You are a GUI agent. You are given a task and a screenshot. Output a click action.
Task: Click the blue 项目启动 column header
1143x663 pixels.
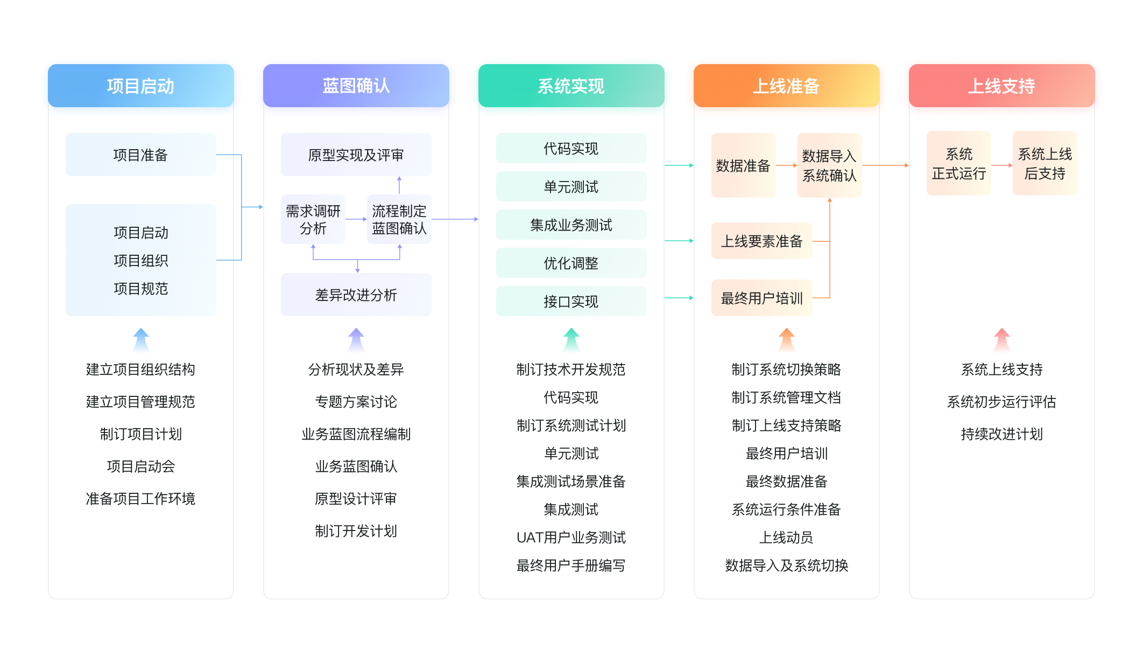pyautogui.click(x=140, y=86)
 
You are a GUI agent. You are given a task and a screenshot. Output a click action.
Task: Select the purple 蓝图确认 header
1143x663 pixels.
pyautogui.click(x=356, y=86)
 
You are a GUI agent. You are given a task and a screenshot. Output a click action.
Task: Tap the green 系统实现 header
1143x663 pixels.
pyautogui.click(x=571, y=86)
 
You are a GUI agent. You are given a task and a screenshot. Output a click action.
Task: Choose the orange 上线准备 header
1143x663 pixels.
pyautogui.click(x=786, y=86)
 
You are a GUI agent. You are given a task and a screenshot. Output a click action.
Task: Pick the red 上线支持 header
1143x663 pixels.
pyautogui.click(x=1001, y=86)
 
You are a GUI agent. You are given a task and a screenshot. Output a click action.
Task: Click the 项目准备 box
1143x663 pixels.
pyautogui.click(x=140, y=155)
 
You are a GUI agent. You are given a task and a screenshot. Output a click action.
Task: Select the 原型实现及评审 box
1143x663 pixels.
pyautogui.click(x=356, y=155)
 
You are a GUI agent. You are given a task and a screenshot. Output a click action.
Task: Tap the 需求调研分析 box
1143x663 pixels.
pyautogui.click(x=313, y=220)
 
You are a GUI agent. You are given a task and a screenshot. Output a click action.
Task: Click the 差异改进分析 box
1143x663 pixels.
pyautogui.click(x=356, y=295)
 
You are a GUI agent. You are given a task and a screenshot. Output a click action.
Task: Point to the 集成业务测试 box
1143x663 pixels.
pyautogui.click(x=571, y=225)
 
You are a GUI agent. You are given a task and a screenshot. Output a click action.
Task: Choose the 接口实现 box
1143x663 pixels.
pyautogui.click(x=571, y=302)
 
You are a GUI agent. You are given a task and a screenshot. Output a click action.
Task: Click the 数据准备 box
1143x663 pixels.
pyautogui.click(x=743, y=166)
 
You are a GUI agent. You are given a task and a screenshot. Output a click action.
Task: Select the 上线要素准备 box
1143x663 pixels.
pyautogui.click(x=761, y=241)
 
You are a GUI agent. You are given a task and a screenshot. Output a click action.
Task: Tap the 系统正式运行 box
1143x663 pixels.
pyautogui.click(x=958, y=164)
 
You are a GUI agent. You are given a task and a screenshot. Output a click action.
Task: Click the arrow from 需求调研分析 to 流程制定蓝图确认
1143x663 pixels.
pyautogui.click(x=356, y=219)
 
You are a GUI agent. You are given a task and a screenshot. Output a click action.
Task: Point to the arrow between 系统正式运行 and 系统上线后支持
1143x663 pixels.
pyautogui.click(x=1001, y=165)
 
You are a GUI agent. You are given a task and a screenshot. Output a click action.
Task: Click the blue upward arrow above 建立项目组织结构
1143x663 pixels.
pyautogui.click(x=141, y=339)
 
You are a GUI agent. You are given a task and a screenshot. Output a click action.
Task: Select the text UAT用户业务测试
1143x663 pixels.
pyautogui.click(x=571, y=538)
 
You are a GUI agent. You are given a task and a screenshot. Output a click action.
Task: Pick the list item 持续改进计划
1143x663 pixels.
pyautogui.click(x=1001, y=434)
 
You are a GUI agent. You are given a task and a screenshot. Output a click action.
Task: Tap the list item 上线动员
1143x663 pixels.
pyautogui.click(x=786, y=538)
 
